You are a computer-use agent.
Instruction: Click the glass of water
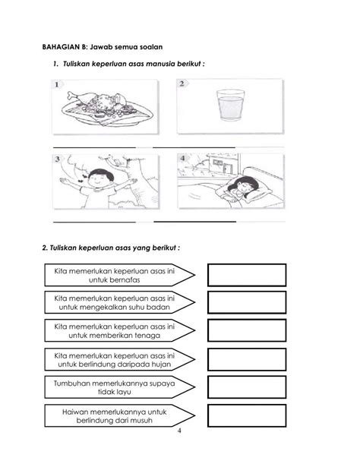[x=231, y=105]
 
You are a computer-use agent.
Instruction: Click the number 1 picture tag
[x=57, y=84]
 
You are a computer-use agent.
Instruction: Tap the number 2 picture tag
[x=182, y=84]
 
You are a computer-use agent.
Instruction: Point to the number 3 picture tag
[x=58, y=159]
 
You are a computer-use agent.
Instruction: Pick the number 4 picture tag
[x=183, y=158]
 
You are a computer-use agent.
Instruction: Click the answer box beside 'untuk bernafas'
[x=247, y=275]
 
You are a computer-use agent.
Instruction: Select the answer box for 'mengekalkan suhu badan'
[x=247, y=302]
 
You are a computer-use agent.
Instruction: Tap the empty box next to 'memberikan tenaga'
[x=247, y=330]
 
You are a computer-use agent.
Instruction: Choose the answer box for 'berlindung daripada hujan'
[x=247, y=359]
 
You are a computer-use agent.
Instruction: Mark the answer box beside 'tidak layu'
[x=247, y=387]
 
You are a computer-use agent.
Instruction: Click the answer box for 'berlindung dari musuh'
[x=247, y=415]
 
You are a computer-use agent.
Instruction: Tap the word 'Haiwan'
[x=74, y=412]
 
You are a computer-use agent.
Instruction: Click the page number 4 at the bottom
[x=179, y=431]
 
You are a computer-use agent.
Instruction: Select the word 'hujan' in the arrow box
[x=161, y=365]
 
